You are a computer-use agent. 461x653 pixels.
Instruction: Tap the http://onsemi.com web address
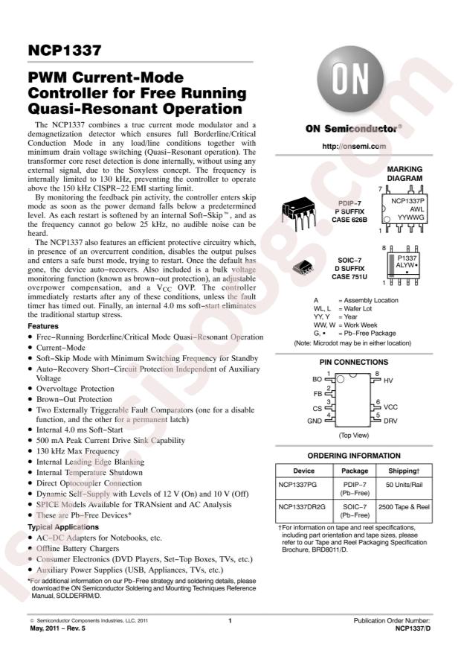(354, 146)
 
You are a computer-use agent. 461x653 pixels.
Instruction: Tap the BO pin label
(316, 378)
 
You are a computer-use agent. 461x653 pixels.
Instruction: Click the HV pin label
(388, 380)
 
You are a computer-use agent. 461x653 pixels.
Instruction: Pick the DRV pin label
(390, 421)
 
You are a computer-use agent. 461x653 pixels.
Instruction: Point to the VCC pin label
(390, 407)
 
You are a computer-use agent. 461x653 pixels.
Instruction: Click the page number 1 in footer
(230, 620)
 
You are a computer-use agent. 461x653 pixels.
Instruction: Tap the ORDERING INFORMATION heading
(353, 455)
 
